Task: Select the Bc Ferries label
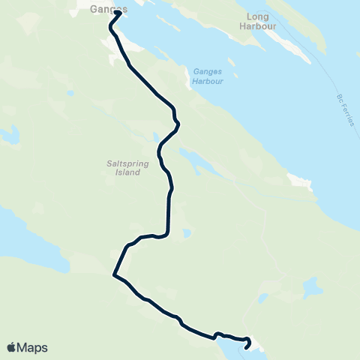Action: point(344,109)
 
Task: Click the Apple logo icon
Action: point(11,347)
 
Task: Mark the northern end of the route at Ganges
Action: point(118,13)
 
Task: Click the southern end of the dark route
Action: point(247,347)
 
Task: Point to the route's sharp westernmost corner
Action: point(114,274)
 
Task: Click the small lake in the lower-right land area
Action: point(310,288)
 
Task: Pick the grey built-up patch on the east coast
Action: point(298,181)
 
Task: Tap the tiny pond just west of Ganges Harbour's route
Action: point(69,94)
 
